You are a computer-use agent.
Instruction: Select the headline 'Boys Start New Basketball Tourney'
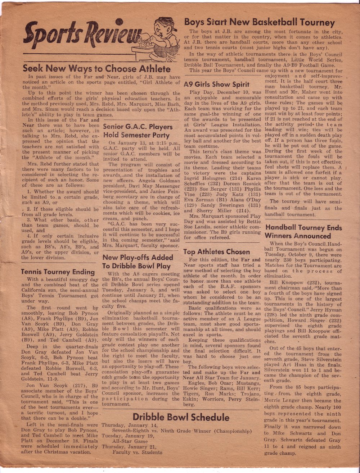click(x=259, y=22)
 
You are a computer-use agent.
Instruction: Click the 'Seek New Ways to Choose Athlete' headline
click(x=96, y=68)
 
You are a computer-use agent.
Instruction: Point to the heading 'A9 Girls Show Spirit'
click(x=216, y=85)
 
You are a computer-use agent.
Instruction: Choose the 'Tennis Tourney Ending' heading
click(x=58, y=272)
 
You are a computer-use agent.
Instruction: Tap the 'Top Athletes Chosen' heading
click(x=216, y=252)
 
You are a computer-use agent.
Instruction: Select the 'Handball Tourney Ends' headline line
click(x=303, y=227)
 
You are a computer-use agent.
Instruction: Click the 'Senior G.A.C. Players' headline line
click(x=138, y=127)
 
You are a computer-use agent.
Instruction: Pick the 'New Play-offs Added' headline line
click(x=138, y=257)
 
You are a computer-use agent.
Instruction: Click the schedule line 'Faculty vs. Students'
click(x=137, y=452)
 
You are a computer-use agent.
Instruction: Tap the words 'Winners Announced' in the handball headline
click(x=298, y=236)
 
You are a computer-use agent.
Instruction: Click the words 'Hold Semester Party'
click(x=136, y=135)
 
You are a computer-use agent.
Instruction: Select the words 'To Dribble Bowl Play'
click(x=136, y=266)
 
